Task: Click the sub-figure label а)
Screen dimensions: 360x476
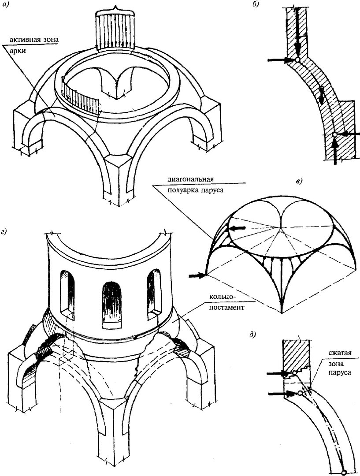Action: click(6, 4)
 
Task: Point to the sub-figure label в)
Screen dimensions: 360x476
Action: click(299, 182)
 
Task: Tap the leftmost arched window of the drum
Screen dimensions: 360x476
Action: click(67, 291)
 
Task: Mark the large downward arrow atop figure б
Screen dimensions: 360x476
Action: click(298, 30)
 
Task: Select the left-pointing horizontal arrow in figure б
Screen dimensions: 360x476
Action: click(349, 134)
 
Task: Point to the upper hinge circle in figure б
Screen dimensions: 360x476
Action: click(297, 60)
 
